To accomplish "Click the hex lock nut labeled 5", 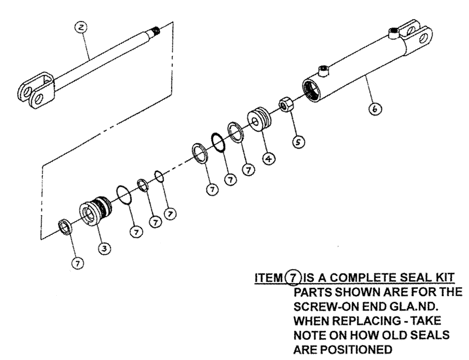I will tap(286, 106).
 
